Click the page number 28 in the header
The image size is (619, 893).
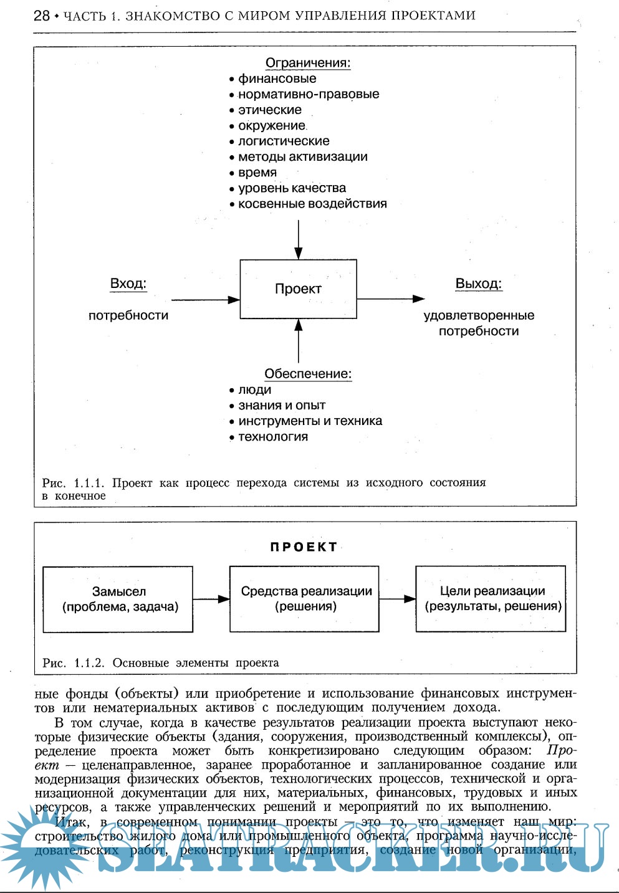(42, 16)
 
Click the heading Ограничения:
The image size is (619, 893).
(308, 63)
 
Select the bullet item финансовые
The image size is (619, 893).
(277, 79)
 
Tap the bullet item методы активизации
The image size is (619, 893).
(302, 157)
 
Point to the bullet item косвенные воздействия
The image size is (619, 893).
(312, 204)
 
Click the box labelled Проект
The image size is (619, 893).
(298, 289)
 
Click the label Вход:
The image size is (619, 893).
(128, 284)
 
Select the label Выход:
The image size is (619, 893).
(478, 284)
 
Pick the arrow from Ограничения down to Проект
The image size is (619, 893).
(299, 239)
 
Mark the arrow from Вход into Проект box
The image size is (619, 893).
(205, 300)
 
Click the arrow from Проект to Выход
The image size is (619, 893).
(390, 299)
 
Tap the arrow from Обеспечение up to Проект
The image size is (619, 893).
(299, 341)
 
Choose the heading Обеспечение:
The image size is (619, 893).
(308, 374)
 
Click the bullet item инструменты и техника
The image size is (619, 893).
(310, 421)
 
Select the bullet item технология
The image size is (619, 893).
(273, 437)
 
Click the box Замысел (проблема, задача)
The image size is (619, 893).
(118, 599)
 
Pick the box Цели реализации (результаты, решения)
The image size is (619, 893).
(491, 599)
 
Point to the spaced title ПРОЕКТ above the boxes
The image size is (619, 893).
(304, 547)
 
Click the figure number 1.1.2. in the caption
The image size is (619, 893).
(89, 663)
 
